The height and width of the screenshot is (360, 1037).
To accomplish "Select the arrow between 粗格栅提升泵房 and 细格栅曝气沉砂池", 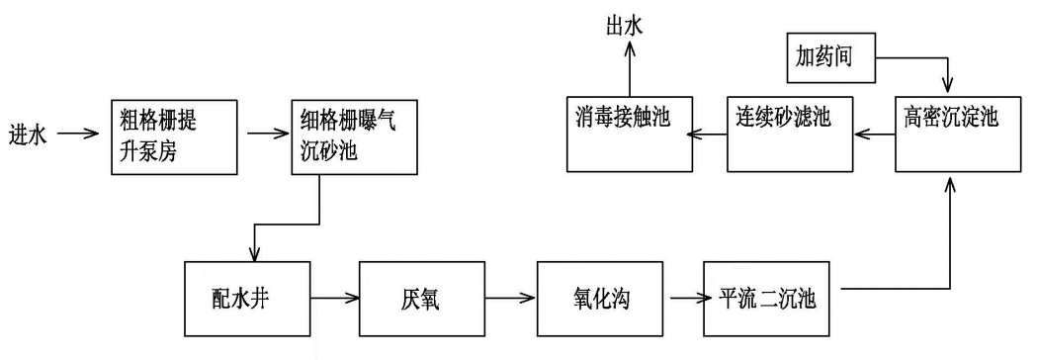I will coord(264,133).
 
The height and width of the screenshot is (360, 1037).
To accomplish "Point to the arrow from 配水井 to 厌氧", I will coord(336,296).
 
